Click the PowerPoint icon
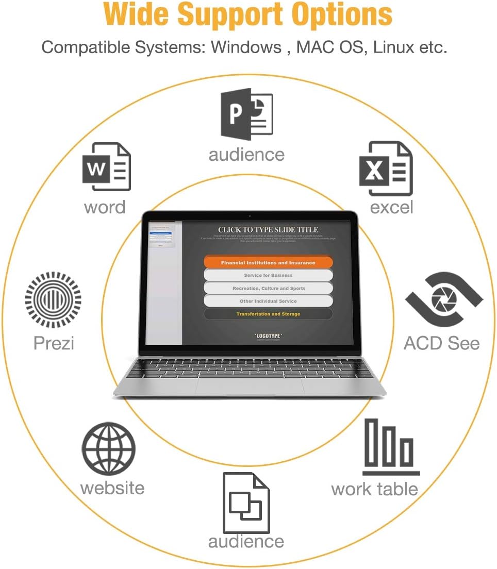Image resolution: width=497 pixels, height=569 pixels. [246, 114]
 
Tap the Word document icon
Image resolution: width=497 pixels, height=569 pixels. [107, 167]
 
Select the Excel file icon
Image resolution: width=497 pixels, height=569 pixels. [386, 169]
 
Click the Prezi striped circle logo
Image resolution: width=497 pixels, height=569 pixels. [53, 299]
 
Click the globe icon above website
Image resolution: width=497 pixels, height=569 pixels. [109, 448]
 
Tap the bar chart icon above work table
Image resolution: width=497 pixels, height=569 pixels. [390, 447]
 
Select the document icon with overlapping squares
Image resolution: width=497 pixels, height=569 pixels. [246, 503]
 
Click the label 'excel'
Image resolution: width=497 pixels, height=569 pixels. [392, 207]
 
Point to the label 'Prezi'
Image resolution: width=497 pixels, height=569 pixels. [54, 343]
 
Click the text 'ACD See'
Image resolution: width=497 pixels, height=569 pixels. [441, 343]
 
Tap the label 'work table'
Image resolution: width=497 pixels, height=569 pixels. [374, 489]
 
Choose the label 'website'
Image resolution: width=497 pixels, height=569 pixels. [112, 488]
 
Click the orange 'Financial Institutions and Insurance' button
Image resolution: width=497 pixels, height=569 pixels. [268, 262]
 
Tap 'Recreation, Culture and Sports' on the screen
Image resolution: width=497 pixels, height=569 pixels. [268, 288]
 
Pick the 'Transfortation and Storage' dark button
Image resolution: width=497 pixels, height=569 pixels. [268, 314]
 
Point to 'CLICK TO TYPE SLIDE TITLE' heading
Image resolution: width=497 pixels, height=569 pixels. [268, 230]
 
